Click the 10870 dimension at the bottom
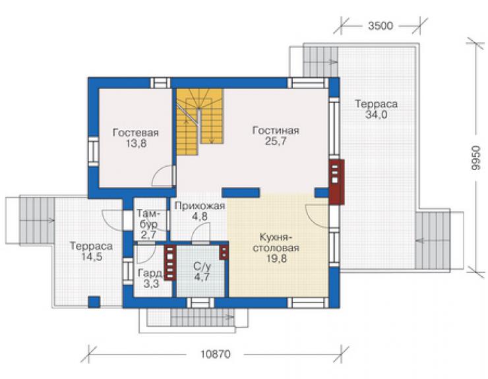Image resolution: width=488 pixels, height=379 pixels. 216,354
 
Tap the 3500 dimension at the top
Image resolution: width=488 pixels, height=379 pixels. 381,26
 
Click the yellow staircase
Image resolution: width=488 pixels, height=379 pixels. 200,122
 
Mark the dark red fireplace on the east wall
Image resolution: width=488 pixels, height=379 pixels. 336,182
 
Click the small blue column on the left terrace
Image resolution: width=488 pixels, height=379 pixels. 94,302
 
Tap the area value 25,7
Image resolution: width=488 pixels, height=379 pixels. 276,141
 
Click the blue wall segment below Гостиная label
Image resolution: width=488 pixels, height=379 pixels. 241,193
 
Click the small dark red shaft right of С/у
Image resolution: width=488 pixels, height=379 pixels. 224,252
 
